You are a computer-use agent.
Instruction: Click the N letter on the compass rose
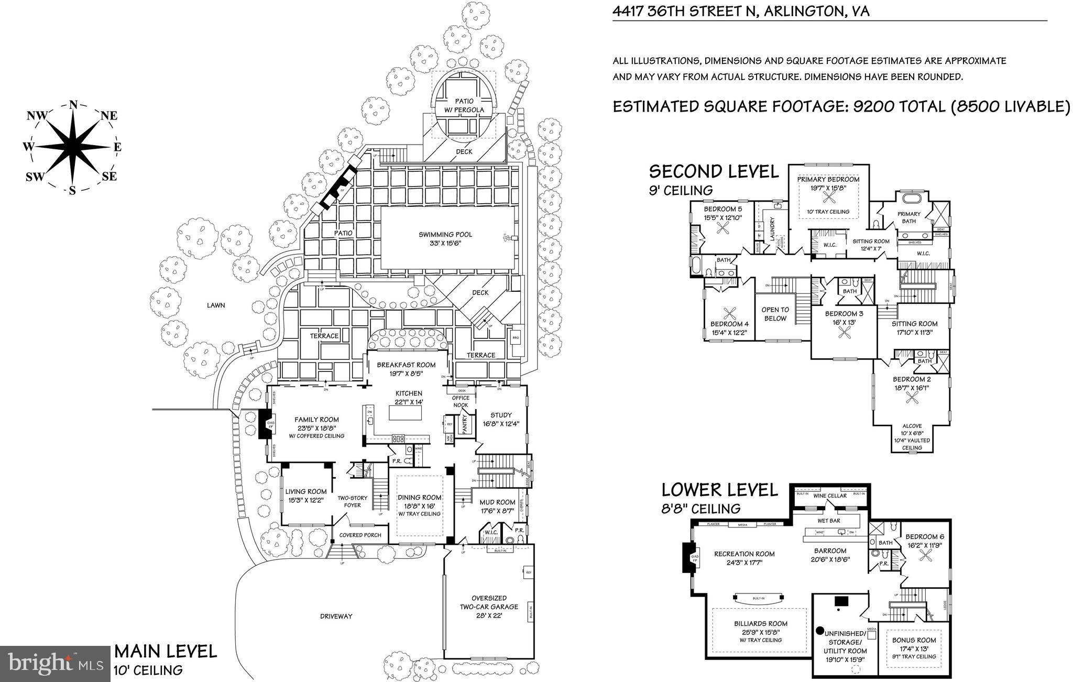[73, 105]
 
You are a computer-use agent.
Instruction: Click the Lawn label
[215, 305]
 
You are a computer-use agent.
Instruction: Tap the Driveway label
[336, 616]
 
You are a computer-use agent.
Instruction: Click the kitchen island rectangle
[405, 413]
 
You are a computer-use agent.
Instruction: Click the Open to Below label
[775, 314]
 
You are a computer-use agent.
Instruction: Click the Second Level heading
[714, 171]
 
